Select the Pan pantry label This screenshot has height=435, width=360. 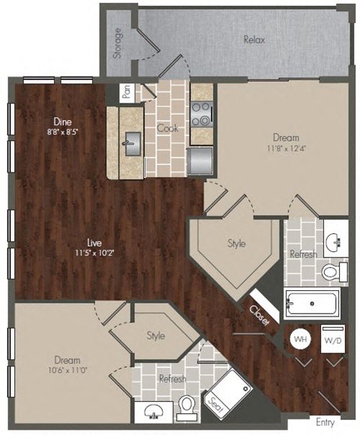pos(127,91)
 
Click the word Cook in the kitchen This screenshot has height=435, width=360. pos(166,127)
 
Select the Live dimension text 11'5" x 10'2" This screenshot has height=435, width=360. pos(94,253)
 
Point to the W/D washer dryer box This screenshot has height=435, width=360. pos(331,340)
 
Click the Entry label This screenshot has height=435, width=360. pos(325,422)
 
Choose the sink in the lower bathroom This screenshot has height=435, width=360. pos(155,409)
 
